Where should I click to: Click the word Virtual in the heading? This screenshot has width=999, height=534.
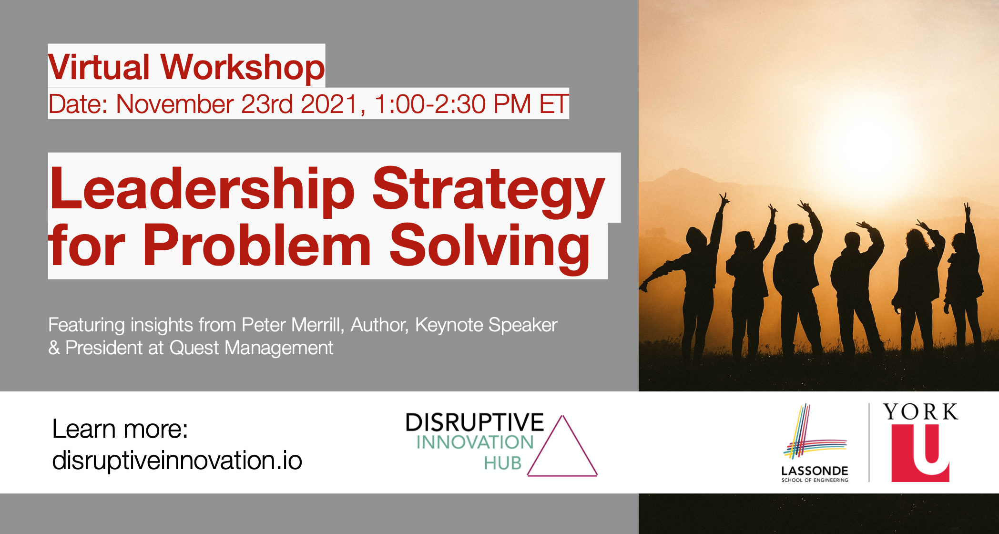[99, 67]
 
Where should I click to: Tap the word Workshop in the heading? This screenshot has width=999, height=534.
[243, 67]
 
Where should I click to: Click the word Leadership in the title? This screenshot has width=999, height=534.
[203, 188]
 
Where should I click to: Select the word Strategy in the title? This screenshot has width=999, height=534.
[489, 191]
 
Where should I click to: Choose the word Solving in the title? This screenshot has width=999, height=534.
[490, 248]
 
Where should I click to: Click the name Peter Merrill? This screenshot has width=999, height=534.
[292, 325]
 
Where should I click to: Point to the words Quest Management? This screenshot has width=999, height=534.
[251, 348]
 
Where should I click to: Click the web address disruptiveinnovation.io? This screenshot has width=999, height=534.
[177, 461]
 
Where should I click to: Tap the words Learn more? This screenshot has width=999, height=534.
[120, 429]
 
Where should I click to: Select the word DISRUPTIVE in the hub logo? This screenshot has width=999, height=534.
[474, 423]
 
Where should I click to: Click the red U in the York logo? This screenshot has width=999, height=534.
[920, 453]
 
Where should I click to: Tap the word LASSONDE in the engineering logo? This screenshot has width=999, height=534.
[815, 471]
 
